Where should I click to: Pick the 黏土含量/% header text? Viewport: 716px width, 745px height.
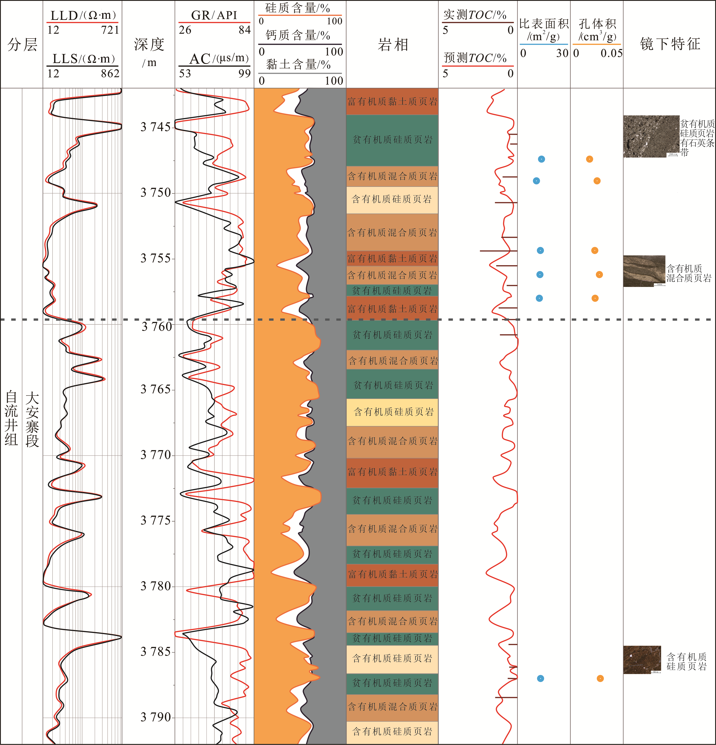click(x=298, y=64)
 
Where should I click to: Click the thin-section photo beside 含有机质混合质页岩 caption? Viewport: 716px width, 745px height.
click(x=644, y=271)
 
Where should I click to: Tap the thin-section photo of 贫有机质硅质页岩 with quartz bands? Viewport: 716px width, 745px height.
click(x=651, y=136)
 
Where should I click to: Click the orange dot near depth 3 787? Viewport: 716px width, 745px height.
click(x=600, y=678)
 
